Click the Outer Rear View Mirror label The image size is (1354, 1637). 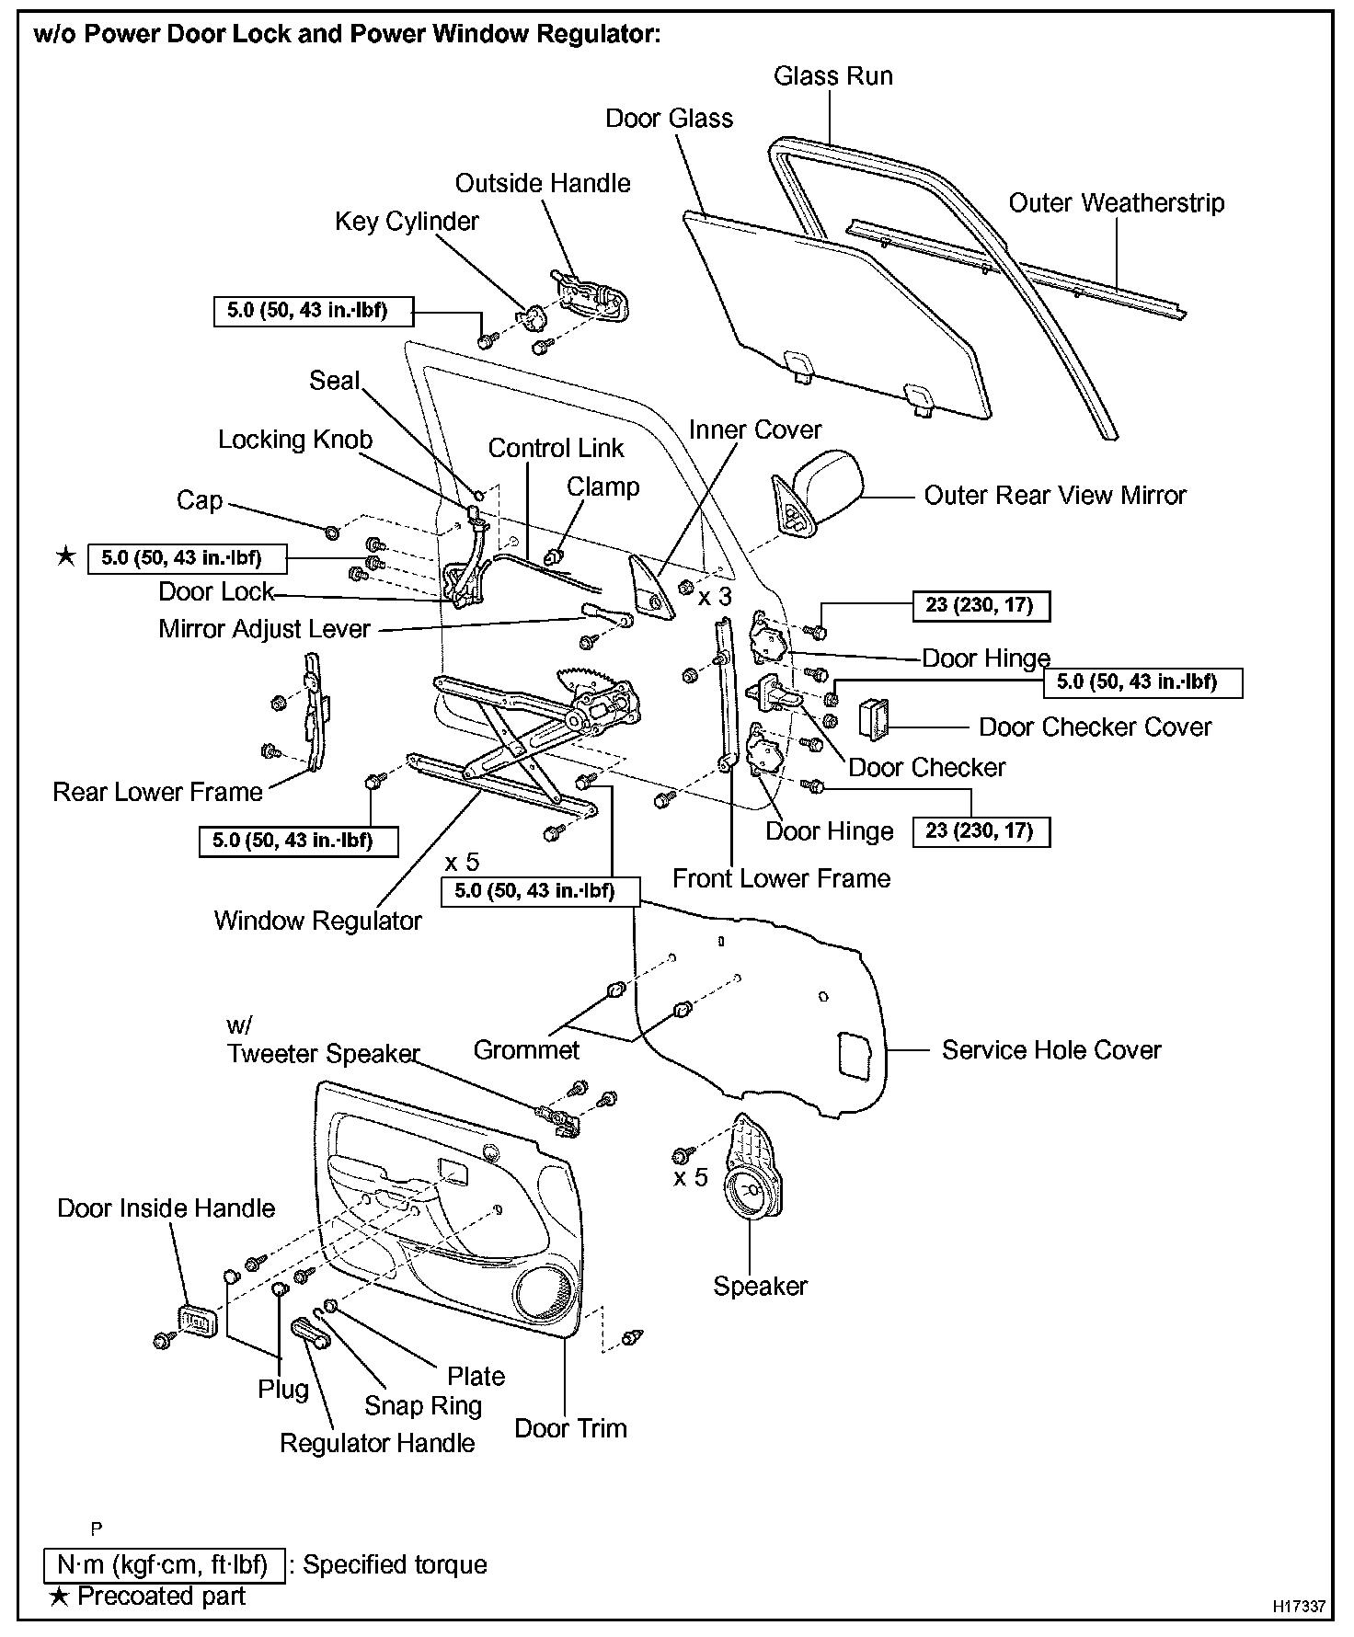pyautogui.click(x=1054, y=496)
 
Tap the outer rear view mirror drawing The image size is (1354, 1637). pyautogui.click(x=823, y=487)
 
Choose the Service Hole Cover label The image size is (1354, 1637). pyautogui.click(x=1050, y=1050)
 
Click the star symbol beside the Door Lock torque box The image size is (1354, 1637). pyautogui.click(x=65, y=556)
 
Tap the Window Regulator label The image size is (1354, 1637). pyautogui.click(x=317, y=921)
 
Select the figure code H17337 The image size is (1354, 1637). pyautogui.click(x=1299, y=1606)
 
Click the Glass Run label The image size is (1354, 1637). pyautogui.click(x=832, y=76)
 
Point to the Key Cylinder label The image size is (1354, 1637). pyautogui.click(x=407, y=222)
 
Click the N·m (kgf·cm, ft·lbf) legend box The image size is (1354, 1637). pyautogui.click(x=164, y=1564)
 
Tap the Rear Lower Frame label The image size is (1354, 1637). pyautogui.click(x=157, y=792)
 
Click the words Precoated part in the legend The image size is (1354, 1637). pyautogui.click(x=161, y=1596)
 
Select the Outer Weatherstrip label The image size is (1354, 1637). pyautogui.click(x=1116, y=203)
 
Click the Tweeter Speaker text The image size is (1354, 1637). pyautogui.click(x=323, y=1054)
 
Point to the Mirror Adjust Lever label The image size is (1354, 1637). pyautogui.click(x=264, y=629)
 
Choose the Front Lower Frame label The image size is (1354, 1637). pyautogui.click(x=781, y=878)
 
